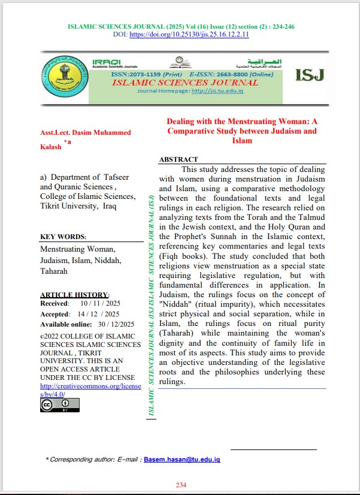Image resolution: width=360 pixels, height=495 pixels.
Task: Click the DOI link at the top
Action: tap(198, 35)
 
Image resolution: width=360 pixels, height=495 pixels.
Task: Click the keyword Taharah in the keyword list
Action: tap(54, 271)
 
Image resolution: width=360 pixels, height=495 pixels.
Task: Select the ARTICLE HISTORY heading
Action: tap(74, 295)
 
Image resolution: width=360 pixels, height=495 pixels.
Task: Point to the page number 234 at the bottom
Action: tap(181, 485)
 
